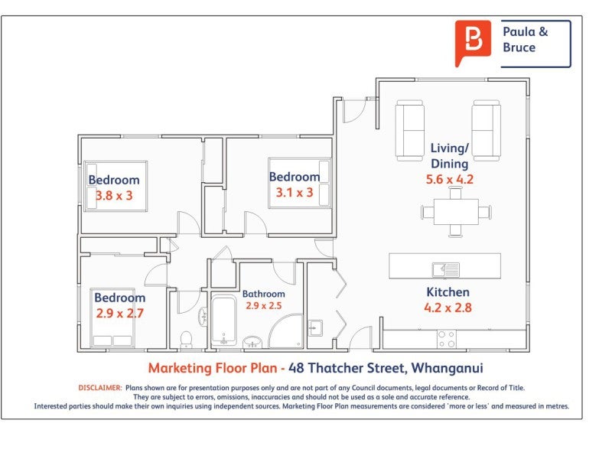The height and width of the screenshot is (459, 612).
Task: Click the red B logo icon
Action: click(x=473, y=43)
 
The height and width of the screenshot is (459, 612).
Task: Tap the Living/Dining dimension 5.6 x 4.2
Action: click(x=450, y=180)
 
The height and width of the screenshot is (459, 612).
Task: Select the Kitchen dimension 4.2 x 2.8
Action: click(x=448, y=308)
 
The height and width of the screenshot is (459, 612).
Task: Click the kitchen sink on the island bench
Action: click(x=446, y=269)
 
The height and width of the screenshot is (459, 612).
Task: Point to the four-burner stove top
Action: click(x=447, y=339)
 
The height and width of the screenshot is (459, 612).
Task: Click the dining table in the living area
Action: click(x=456, y=212)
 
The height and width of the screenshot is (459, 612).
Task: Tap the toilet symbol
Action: click(x=187, y=339)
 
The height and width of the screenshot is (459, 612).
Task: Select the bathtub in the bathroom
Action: click(x=223, y=321)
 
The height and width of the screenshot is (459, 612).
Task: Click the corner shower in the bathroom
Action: click(x=286, y=331)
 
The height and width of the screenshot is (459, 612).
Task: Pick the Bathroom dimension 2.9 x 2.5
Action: click(x=263, y=306)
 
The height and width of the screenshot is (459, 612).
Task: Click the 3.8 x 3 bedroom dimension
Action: click(x=114, y=196)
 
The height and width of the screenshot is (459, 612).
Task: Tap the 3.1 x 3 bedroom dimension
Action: click(x=295, y=193)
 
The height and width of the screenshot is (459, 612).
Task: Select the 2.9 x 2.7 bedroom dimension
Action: click(x=120, y=314)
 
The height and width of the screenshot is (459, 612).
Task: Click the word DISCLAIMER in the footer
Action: click(x=100, y=388)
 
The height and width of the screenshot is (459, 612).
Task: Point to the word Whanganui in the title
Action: click(x=448, y=369)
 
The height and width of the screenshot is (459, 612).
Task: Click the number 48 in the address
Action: click(x=296, y=368)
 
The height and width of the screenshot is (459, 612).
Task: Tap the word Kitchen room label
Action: click(x=448, y=292)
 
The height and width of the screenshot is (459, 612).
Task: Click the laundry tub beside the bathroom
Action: click(x=315, y=328)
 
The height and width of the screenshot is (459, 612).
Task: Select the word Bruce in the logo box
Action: click(x=519, y=47)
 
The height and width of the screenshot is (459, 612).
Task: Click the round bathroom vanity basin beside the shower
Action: click(x=252, y=342)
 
